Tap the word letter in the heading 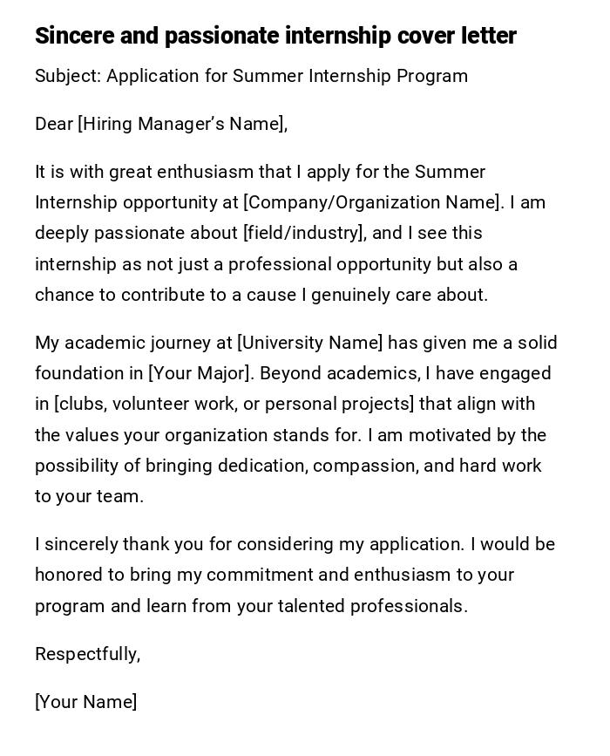coord(489,36)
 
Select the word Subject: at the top coord(68,76)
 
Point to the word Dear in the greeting coord(54,124)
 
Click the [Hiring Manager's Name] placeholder coord(182,124)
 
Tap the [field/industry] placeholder coord(302,233)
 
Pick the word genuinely coord(349,295)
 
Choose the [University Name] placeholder coord(309,343)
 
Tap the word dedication coord(260,466)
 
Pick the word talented coord(315,606)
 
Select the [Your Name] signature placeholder coord(85,702)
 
